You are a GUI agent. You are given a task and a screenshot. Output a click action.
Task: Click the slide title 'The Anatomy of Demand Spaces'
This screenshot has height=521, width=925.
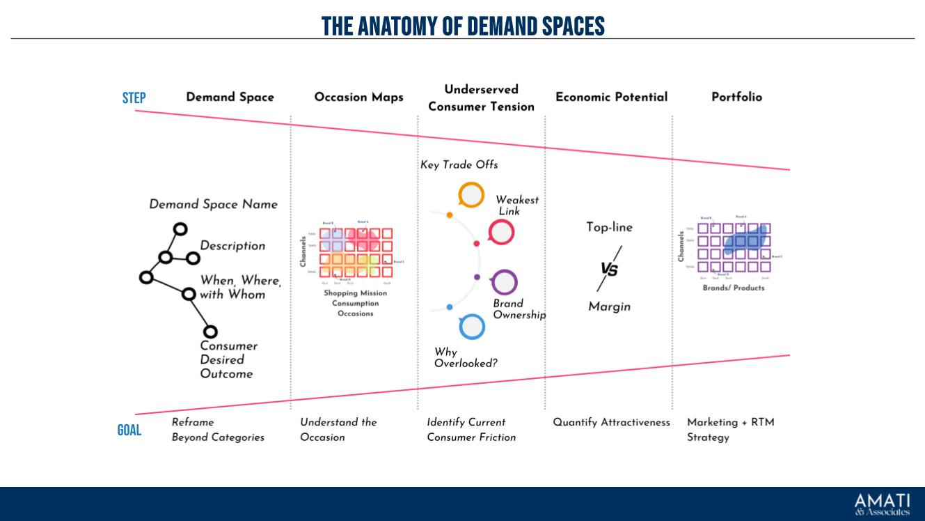[x=463, y=26]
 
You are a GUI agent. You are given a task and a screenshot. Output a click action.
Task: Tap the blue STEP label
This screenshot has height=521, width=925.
[x=134, y=98]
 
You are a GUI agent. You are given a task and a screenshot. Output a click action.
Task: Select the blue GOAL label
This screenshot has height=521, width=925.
[x=129, y=430]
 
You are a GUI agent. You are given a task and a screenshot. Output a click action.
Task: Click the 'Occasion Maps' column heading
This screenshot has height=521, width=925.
[x=358, y=97]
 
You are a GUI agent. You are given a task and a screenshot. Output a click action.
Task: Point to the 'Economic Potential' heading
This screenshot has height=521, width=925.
[x=611, y=97]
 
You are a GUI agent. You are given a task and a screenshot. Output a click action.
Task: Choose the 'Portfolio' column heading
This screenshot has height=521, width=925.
[x=736, y=97]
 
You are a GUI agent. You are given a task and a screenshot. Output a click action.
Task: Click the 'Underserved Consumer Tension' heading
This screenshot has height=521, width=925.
[x=481, y=98]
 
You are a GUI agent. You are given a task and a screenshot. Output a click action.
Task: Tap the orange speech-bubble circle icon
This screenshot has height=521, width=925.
[x=471, y=195]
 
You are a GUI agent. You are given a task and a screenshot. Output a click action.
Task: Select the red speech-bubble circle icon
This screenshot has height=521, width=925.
[x=501, y=232]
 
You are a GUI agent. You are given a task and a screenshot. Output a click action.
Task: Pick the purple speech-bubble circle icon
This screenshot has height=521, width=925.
[x=504, y=282]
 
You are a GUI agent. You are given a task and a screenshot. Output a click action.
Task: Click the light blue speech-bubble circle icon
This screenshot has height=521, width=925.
[x=472, y=326]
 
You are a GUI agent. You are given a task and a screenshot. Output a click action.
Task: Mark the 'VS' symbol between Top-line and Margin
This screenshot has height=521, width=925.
[x=609, y=269]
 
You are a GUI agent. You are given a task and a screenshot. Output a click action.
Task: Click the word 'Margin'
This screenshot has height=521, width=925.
[x=609, y=306]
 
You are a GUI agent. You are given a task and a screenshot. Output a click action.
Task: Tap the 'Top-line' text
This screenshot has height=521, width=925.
[x=609, y=227]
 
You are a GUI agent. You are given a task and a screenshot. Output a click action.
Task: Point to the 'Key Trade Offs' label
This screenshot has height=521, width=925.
[x=459, y=165]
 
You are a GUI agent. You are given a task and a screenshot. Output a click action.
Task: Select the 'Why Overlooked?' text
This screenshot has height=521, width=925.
[x=465, y=357]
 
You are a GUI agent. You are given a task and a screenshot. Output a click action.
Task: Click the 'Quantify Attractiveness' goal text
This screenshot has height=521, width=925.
[x=611, y=422]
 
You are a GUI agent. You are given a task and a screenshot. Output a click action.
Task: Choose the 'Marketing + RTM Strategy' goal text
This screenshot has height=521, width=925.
[x=730, y=429]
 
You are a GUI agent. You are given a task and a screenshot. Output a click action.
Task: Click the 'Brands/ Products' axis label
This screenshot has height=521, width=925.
[x=733, y=288]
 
